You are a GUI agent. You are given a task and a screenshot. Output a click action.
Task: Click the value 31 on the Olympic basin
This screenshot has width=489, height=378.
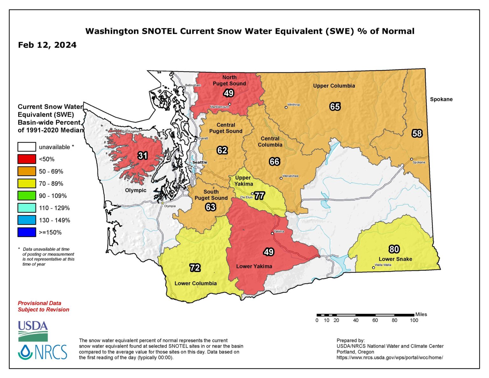tap(143, 155)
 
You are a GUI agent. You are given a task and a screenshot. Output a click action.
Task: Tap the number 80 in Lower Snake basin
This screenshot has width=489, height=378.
tap(394, 249)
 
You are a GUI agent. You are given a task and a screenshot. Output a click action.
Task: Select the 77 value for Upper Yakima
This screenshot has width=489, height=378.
tap(259, 196)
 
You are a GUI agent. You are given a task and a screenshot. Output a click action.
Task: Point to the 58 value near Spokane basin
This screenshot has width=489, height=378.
tap(417, 133)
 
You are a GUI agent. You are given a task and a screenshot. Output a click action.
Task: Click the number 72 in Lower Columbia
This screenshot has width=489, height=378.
tap(195, 267)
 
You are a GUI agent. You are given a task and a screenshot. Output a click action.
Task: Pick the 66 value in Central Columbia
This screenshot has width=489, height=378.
tap(274, 161)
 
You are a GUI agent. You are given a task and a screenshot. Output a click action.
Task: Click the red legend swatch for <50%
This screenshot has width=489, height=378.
tap(27, 159)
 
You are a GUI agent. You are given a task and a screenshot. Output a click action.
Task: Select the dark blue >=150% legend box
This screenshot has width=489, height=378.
tap(27, 232)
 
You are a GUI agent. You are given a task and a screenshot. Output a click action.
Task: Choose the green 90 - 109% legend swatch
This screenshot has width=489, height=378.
tap(27, 196)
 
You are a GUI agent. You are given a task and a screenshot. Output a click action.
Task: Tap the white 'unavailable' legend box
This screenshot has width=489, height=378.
tap(27, 147)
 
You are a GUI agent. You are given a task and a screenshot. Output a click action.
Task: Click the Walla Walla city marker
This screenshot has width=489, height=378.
tap(374, 267)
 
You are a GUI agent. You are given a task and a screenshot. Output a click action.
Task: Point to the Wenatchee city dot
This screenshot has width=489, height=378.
tap(281, 178)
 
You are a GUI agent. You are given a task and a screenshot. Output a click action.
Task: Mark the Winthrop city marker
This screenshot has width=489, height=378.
tap(286, 107)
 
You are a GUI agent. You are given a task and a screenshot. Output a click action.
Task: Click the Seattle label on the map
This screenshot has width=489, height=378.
tap(200, 162)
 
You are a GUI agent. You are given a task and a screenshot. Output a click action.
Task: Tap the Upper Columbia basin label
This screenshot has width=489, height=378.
tap(334, 86)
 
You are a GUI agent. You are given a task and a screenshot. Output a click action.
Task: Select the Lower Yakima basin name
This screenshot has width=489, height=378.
tap(254, 266)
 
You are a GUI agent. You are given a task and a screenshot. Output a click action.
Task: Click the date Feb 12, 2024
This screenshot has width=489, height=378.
tap(47, 45)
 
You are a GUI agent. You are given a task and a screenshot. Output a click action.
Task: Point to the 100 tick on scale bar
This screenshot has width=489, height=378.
tap(414, 320)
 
